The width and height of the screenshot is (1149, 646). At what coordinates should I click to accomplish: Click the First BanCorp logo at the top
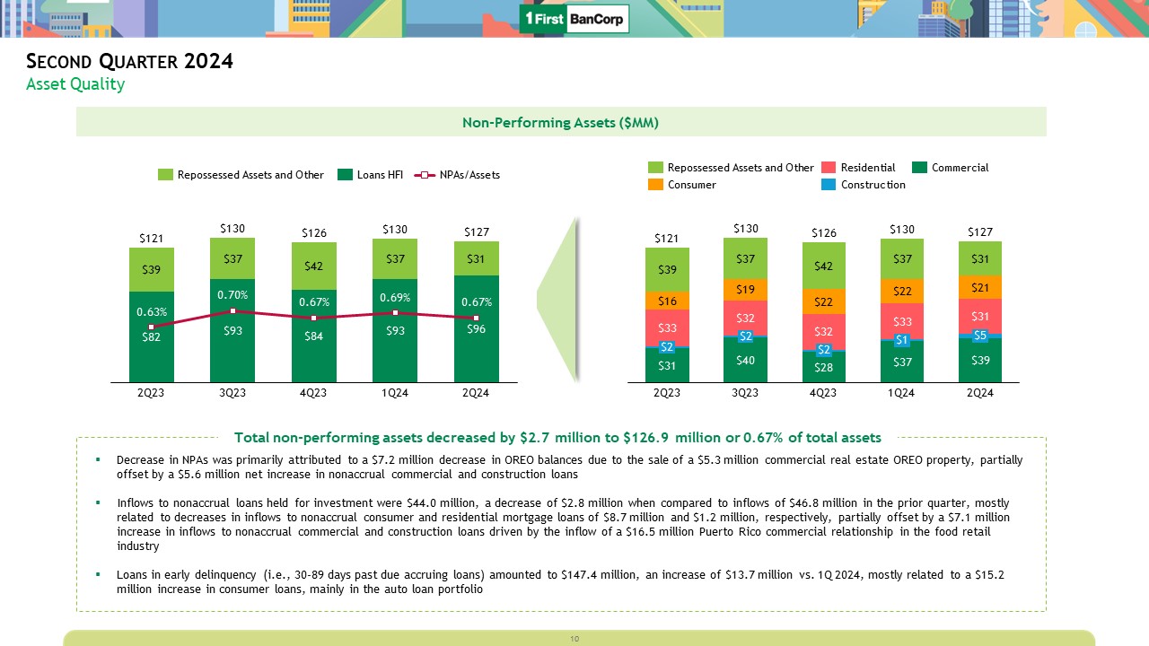(x=574, y=19)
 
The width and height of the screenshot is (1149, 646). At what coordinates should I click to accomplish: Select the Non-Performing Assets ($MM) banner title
(x=561, y=122)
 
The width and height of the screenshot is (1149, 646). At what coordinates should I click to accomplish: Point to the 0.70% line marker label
(x=232, y=293)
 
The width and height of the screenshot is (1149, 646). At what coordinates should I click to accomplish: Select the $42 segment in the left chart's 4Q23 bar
(x=313, y=266)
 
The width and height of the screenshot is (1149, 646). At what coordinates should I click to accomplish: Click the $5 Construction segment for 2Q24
(x=980, y=336)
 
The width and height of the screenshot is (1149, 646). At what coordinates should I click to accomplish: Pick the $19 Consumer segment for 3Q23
(x=745, y=290)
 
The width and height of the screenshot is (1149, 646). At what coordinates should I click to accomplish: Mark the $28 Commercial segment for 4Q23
(x=823, y=366)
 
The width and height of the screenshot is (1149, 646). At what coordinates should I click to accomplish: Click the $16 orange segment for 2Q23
(x=667, y=301)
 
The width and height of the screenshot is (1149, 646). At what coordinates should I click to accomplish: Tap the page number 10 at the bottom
(x=574, y=638)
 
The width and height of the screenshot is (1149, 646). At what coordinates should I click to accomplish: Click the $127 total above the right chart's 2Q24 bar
(x=980, y=231)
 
